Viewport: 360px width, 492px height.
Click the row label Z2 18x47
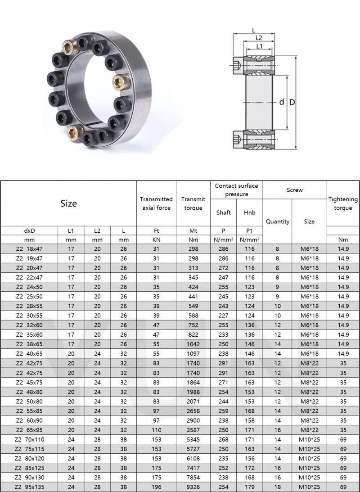pyautogui.click(x=29, y=249)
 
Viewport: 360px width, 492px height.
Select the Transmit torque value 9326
pyautogui.click(x=193, y=487)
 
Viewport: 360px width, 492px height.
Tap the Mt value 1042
pyautogui.click(x=193, y=344)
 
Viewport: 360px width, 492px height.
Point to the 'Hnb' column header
pyautogui.click(x=250, y=212)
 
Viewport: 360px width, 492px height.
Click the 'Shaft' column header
pyautogui.click(x=223, y=212)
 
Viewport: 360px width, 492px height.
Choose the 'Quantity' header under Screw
pyautogui.click(x=278, y=221)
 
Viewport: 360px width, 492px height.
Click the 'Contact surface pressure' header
pyautogui.click(x=236, y=190)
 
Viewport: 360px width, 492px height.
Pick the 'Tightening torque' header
pyautogui.click(x=343, y=203)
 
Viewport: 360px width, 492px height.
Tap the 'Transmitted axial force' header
pyautogui.click(x=156, y=203)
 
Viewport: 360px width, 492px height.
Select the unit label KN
pyautogui.click(x=156, y=240)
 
